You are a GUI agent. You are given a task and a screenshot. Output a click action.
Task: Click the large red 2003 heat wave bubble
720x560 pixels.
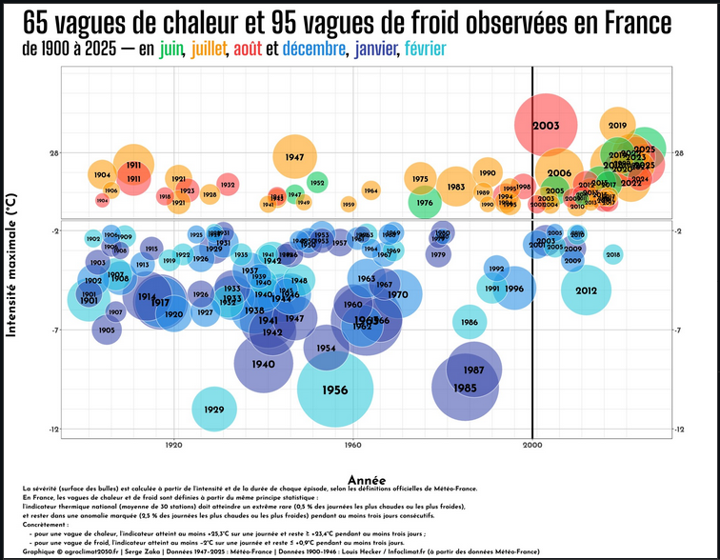(546, 125)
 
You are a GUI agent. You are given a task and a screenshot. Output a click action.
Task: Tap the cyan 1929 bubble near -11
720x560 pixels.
(214, 410)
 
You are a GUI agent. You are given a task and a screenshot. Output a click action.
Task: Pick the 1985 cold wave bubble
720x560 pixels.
(465, 388)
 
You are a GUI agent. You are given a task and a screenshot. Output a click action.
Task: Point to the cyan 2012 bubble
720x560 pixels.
(586, 290)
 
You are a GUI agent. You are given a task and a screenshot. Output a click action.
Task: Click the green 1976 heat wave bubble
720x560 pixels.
(425, 202)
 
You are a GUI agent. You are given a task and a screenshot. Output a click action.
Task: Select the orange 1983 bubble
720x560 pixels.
(456, 187)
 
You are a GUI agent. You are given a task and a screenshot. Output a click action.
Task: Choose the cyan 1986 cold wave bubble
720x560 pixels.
(470, 322)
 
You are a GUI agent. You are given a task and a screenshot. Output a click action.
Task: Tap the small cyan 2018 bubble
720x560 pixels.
(612, 253)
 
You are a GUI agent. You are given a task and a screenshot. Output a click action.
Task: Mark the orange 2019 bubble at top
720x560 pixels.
(617, 125)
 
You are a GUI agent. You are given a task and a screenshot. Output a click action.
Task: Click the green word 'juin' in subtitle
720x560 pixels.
(172, 48)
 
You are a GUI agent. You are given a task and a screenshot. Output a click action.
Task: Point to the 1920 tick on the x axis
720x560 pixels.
(173, 445)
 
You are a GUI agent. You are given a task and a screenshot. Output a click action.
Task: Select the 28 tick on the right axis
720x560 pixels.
(680, 152)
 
